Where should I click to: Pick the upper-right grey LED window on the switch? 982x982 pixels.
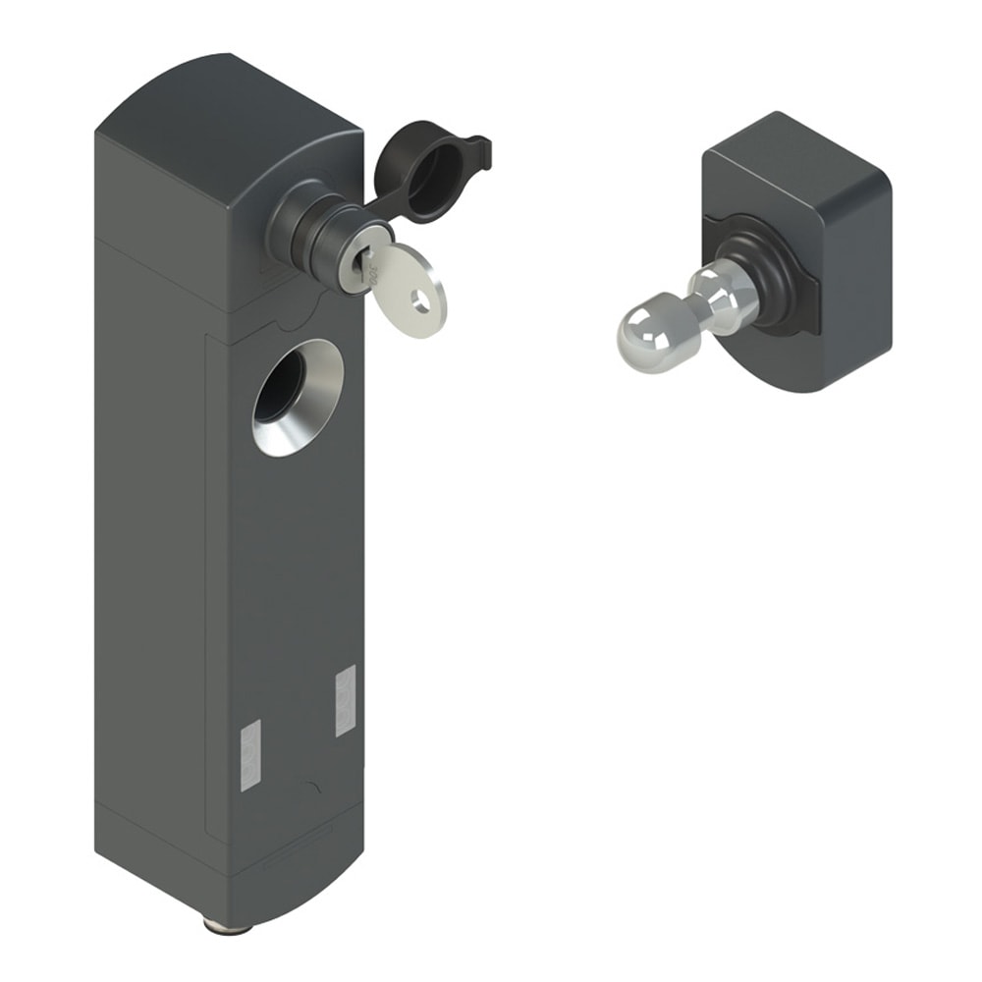[345, 699]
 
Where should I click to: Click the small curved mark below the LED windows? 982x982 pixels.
[311, 787]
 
